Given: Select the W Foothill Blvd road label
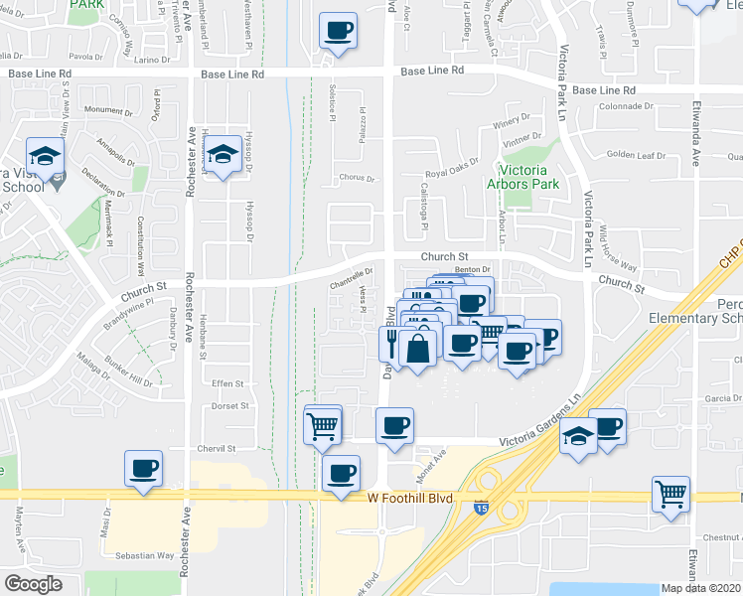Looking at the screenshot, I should (408, 498).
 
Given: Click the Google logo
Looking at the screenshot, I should (33, 584).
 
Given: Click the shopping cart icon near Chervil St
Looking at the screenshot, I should (323, 427).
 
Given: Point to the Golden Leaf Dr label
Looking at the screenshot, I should (636, 155).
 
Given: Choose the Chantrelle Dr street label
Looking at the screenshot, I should (351, 272).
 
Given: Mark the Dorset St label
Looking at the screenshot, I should (230, 405).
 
